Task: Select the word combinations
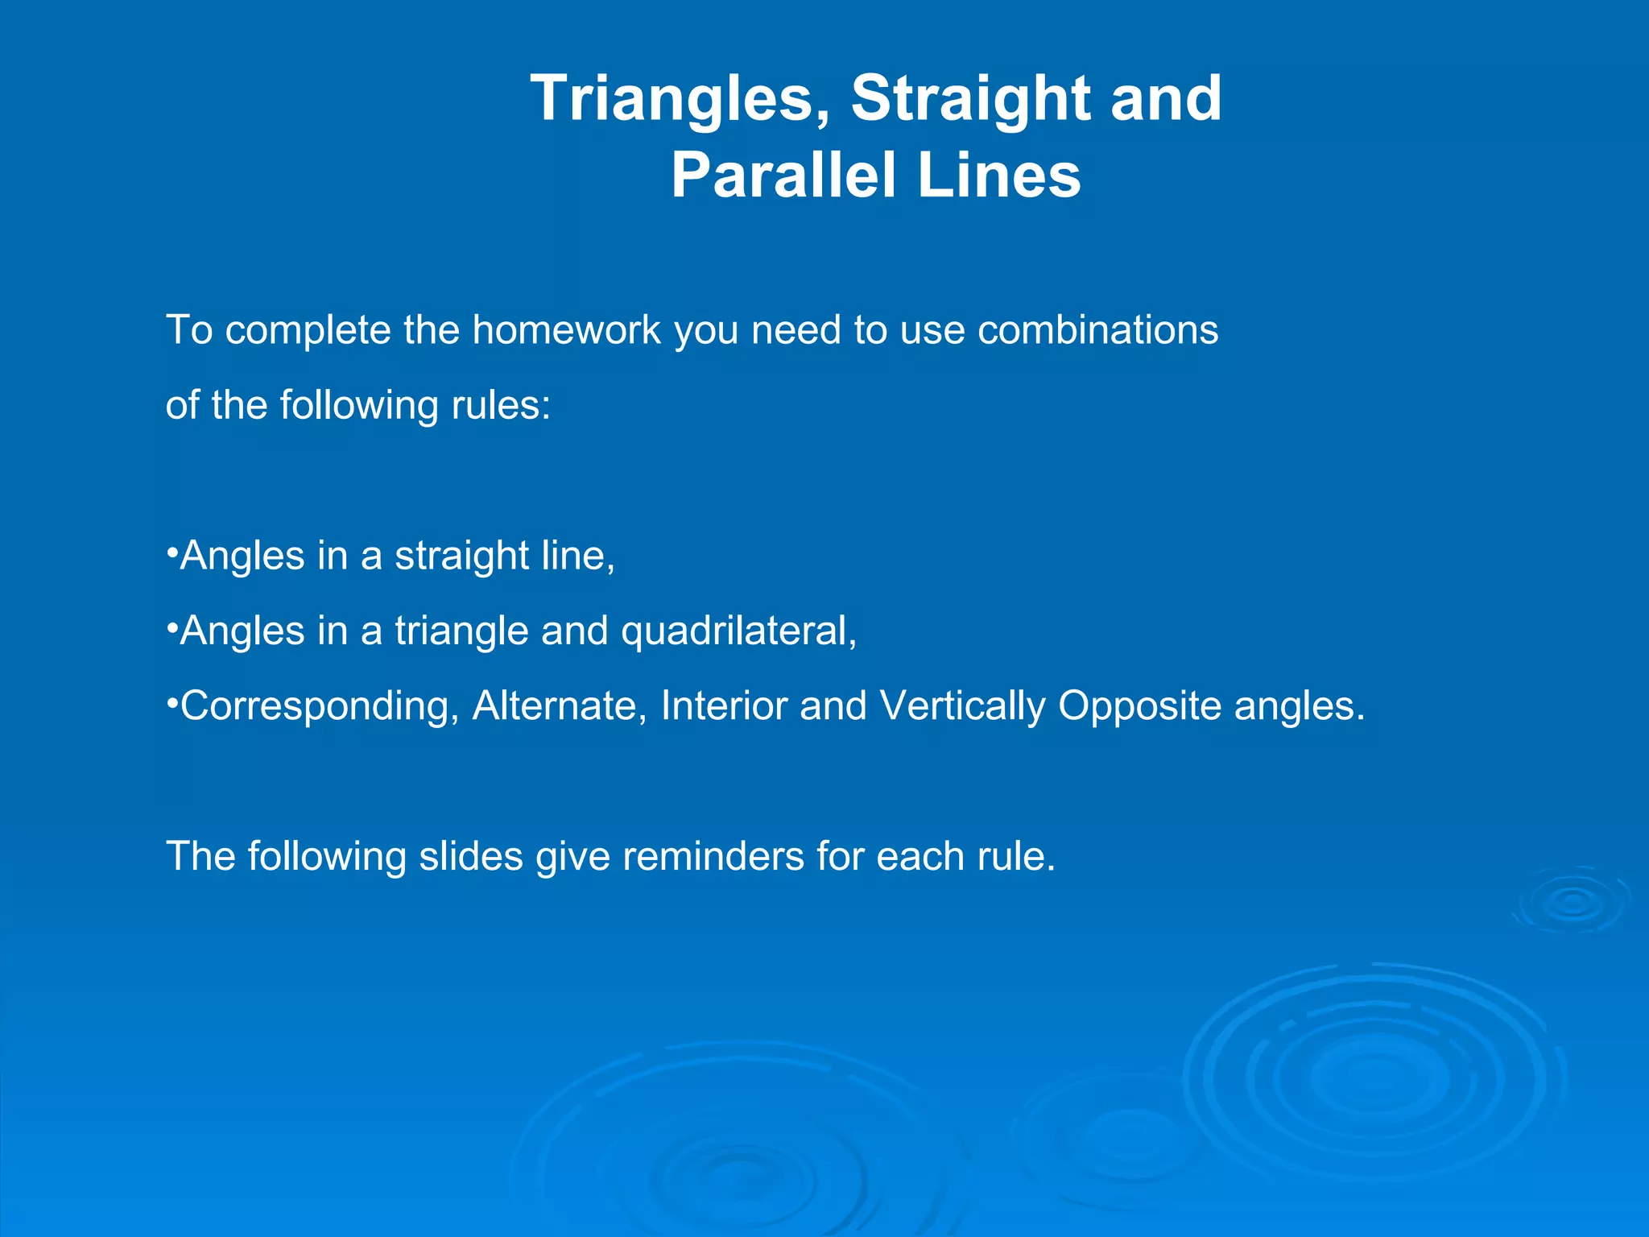click(x=1097, y=330)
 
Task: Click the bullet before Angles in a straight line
click(x=172, y=553)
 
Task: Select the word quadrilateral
click(x=738, y=631)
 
